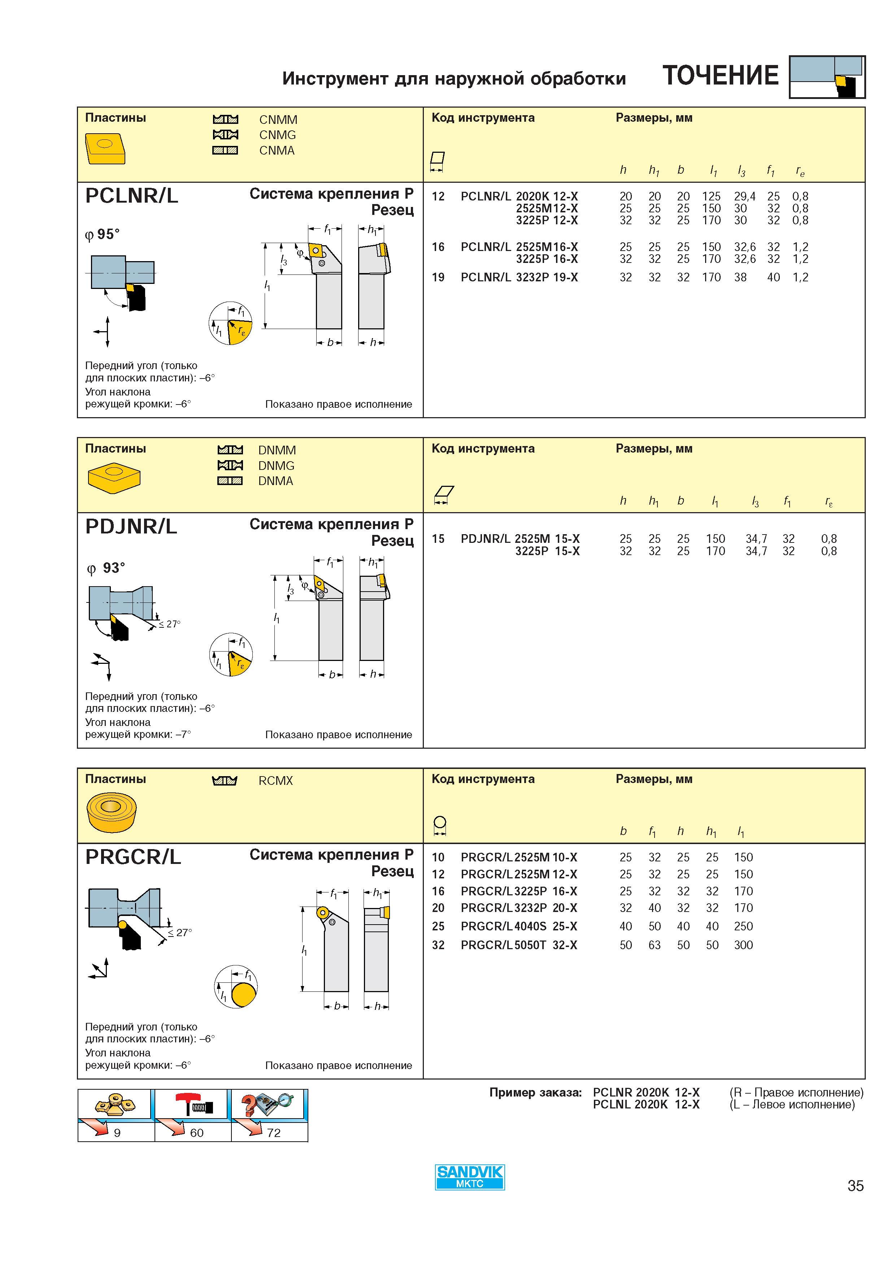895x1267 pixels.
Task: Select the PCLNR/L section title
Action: (132, 196)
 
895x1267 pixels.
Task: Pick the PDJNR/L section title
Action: (131, 527)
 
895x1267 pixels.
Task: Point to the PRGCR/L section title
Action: (133, 857)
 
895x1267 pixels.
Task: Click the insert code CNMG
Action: (277, 135)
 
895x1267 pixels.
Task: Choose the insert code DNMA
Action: (276, 481)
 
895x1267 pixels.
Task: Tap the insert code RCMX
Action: (276, 781)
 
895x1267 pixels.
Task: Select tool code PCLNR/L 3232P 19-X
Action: (520, 278)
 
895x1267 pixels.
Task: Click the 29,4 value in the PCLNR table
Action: (744, 196)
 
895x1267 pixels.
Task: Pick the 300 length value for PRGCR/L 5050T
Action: (743, 945)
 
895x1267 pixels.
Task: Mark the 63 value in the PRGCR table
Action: (655, 945)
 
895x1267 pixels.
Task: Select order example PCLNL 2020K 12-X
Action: (646, 1104)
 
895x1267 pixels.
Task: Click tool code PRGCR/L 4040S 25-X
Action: (519, 926)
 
